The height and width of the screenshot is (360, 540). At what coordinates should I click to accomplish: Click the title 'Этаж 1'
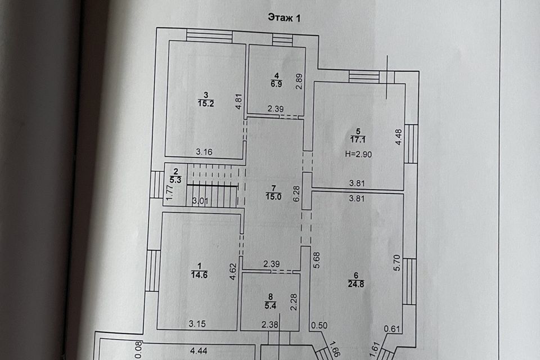pyautogui.click(x=285, y=18)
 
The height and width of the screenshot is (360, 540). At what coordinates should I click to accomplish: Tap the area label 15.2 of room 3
pyautogui.click(x=205, y=103)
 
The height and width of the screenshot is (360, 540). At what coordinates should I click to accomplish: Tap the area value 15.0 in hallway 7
pyautogui.click(x=273, y=196)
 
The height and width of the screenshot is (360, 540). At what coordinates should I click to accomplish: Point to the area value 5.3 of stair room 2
pyautogui.click(x=175, y=180)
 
